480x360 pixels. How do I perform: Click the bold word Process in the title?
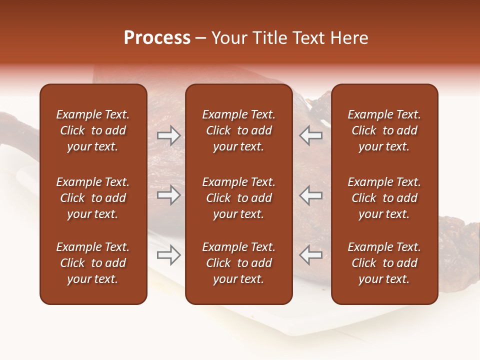[157, 38]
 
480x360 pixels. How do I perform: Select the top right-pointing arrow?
[169, 135]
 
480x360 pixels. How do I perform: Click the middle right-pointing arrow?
[169, 195]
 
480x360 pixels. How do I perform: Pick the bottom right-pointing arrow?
[169, 255]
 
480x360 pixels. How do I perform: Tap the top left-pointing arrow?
[311, 135]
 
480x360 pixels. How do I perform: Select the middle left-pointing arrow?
[311, 195]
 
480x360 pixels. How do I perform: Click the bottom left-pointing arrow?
[311, 255]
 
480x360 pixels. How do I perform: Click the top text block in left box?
[93, 130]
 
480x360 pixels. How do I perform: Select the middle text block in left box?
[93, 198]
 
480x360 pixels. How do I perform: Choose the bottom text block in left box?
[93, 263]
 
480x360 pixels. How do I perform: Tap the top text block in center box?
[239, 130]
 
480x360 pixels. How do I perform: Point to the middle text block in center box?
[239, 198]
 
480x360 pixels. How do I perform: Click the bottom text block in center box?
[239, 263]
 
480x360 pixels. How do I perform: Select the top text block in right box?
[384, 130]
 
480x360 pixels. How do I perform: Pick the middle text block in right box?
[384, 198]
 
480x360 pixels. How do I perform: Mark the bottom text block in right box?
[384, 263]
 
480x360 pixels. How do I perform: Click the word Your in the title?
[227, 38]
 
